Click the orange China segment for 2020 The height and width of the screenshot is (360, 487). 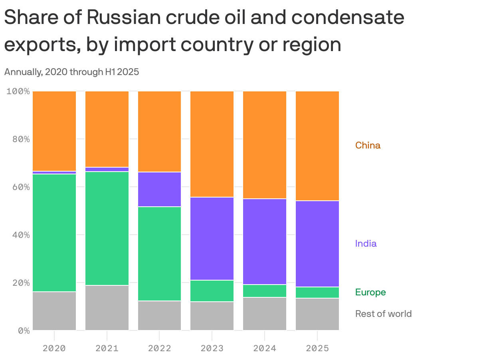[x=54, y=131]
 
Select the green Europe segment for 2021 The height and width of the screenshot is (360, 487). [x=107, y=228]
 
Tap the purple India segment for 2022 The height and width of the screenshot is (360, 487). [x=159, y=189]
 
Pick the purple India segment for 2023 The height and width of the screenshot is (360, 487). [x=212, y=239]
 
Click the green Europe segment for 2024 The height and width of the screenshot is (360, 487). [x=265, y=291]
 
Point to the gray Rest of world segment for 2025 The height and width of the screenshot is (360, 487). [x=317, y=314]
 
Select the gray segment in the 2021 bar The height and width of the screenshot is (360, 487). [x=107, y=308]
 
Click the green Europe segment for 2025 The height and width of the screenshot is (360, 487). [x=317, y=293]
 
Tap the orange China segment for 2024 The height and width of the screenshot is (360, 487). [x=265, y=144]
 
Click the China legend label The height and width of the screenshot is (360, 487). [x=368, y=145]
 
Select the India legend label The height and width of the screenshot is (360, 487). [x=366, y=243]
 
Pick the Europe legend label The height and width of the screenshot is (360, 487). [x=370, y=292]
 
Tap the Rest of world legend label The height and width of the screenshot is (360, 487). [x=383, y=314]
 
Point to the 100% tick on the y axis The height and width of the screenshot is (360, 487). [x=18, y=91]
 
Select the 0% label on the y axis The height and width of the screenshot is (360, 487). [x=24, y=330]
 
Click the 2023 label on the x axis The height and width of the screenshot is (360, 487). [x=212, y=348]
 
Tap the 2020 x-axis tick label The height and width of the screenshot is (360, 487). [x=54, y=348]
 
